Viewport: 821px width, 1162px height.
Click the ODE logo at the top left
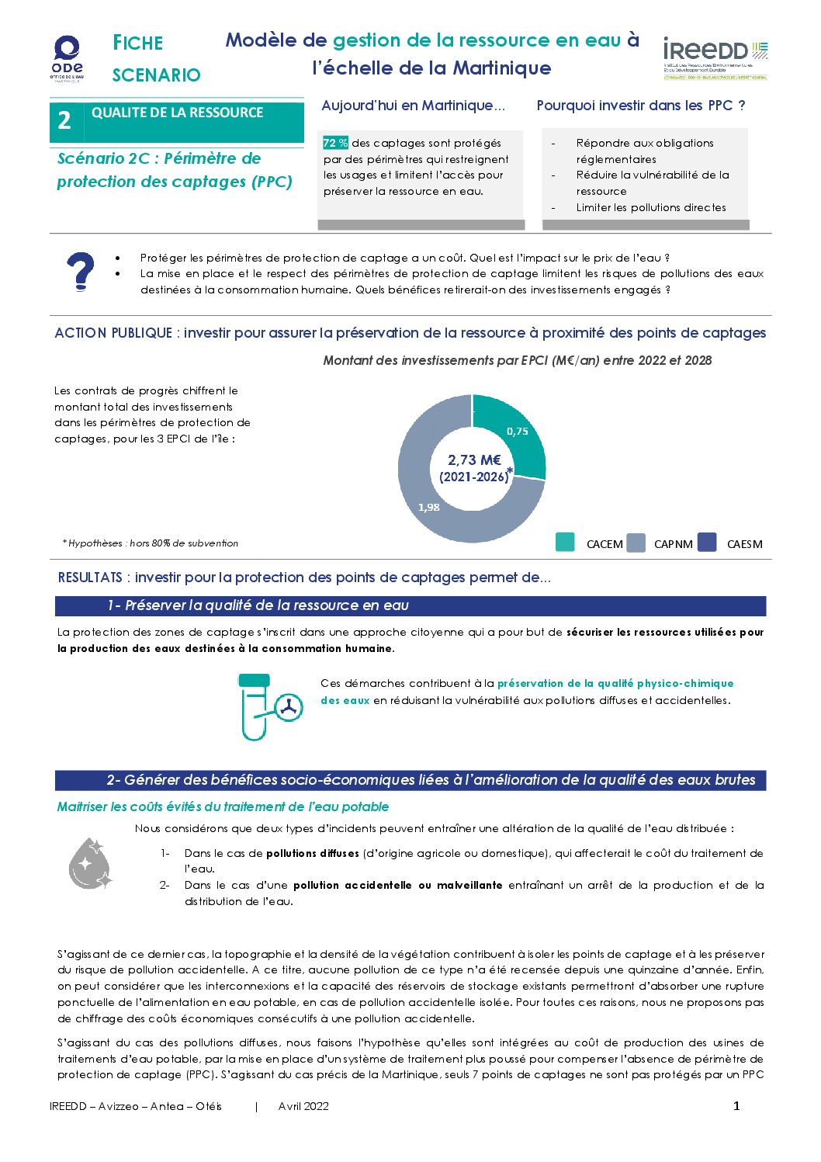pyautogui.click(x=68, y=57)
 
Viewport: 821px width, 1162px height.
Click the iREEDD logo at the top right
pyautogui.click(x=715, y=57)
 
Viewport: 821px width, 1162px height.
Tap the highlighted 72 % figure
pyautogui.click(x=335, y=143)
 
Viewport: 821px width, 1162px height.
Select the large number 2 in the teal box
pyautogui.click(x=64, y=121)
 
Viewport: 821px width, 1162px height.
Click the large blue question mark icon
pyautogui.click(x=80, y=272)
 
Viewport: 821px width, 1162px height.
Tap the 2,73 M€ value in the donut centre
pyautogui.click(x=474, y=460)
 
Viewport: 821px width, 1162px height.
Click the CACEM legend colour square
pyautogui.click(x=566, y=542)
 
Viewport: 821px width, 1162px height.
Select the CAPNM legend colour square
pyautogui.click(x=636, y=542)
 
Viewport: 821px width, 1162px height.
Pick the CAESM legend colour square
pyautogui.click(x=707, y=542)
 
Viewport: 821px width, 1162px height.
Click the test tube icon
pyautogui.click(x=255, y=706)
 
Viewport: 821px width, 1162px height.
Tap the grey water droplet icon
pyautogui.click(x=89, y=863)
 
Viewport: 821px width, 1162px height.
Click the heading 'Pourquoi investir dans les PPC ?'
pyautogui.click(x=641, y=106)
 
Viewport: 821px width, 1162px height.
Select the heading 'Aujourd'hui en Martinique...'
pyautogui.click(x=413, y=106)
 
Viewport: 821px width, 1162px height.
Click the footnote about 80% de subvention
pyautogui.click(x=151, y=543)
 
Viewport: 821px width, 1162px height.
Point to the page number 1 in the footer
pyautogui.click(x=736, y=1106)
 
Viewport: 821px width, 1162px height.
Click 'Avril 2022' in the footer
pyautogui.click(x=303, y=1106)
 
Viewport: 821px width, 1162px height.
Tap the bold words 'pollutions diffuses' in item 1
pyautogui.click(x=313, y=853)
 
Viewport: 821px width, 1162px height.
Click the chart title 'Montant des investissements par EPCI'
pyautogui.click(x=517, y=360)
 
